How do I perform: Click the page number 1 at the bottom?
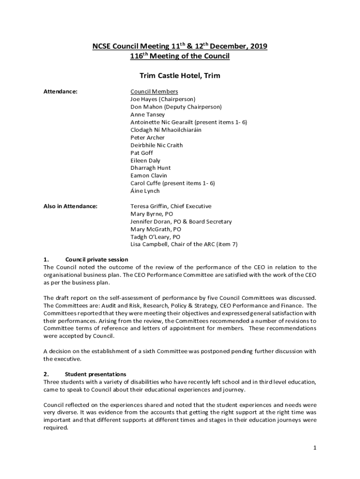(315, 448)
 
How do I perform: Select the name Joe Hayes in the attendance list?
(144, 99)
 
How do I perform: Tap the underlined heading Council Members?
(154, 92)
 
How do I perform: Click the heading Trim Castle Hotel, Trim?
(180, 75)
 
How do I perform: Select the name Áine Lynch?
(145, 191)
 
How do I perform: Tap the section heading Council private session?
(96, 260)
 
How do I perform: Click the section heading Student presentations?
(95, 374)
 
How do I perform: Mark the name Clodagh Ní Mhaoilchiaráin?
(166, 130)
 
